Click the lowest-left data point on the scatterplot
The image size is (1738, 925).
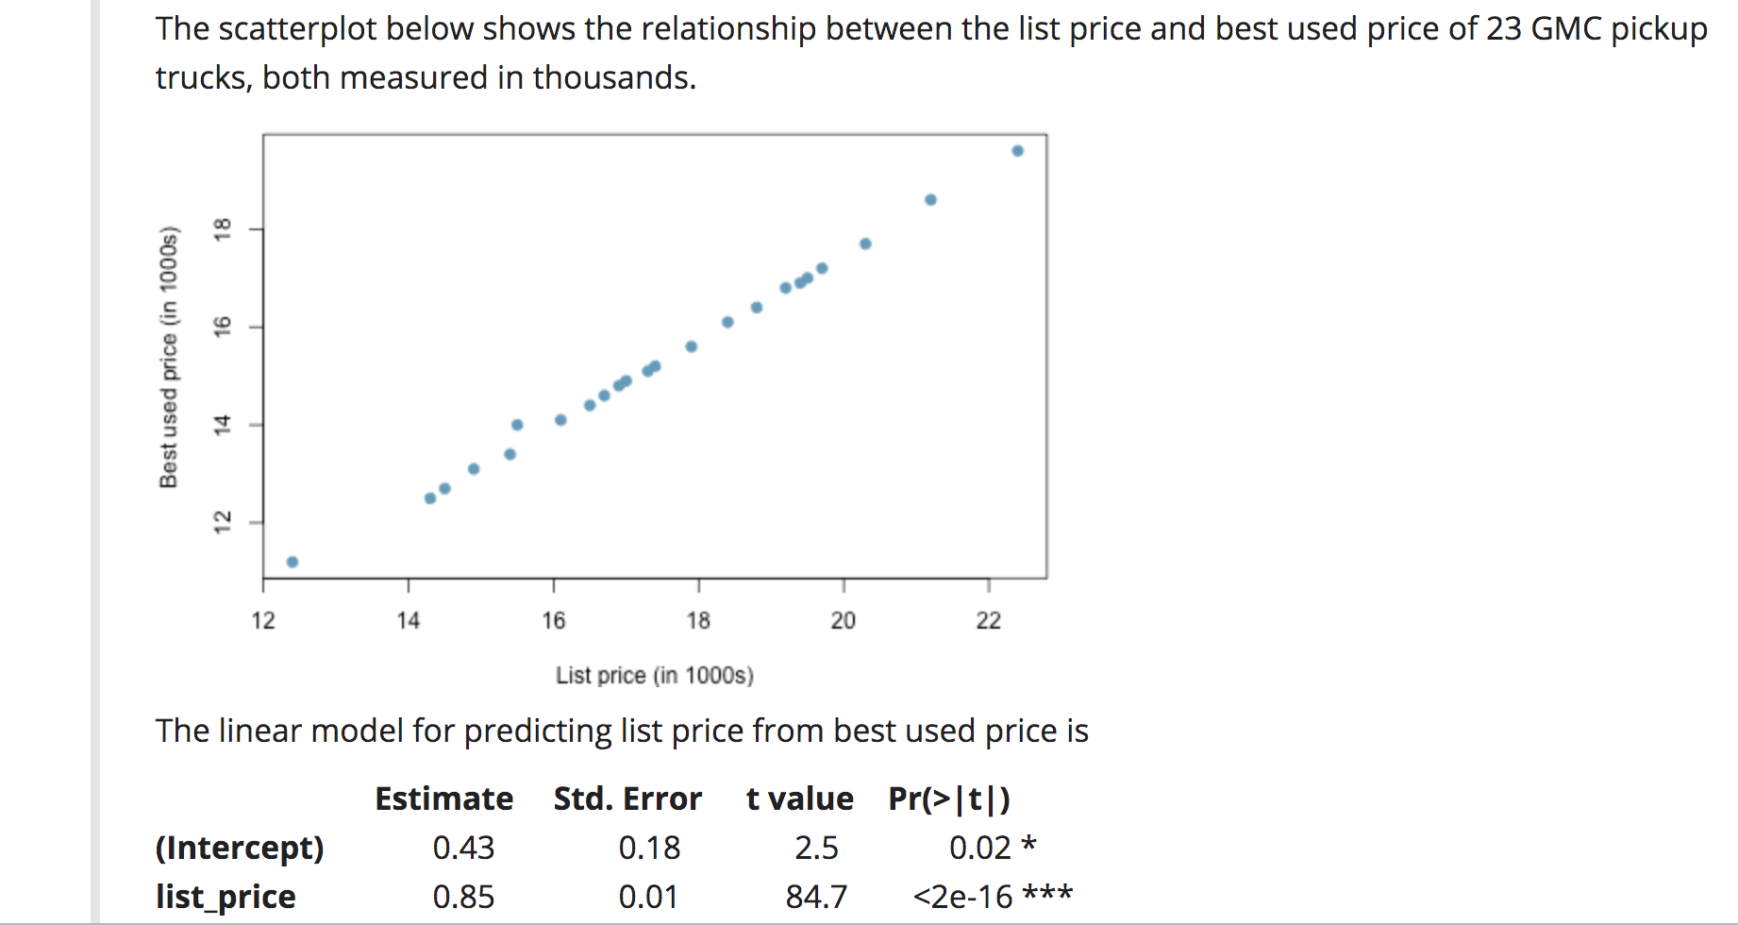point(292,562)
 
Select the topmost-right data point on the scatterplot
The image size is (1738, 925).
point(1017,151)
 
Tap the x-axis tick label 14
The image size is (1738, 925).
point(408,620)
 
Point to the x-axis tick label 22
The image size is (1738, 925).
point(988,620)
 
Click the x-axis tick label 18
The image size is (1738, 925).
point(698,620)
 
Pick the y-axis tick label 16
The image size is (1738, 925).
point(223,327)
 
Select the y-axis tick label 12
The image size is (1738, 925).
point(223,522)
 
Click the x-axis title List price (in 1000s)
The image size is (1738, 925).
point(654,676)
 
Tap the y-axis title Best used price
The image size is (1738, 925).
point(169,357)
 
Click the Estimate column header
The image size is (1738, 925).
point(443,799)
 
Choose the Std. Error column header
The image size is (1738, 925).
point(627,799)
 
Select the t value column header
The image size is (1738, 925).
point(799,799)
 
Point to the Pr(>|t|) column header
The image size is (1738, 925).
point(949,799)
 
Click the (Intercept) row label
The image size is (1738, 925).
point(240,848)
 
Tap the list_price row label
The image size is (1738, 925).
point(226,897)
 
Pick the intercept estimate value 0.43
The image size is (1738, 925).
point(463,848)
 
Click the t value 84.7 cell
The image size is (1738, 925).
point(816,897)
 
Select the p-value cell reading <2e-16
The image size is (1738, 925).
point(963,897)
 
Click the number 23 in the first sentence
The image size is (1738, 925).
point(1504,29)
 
